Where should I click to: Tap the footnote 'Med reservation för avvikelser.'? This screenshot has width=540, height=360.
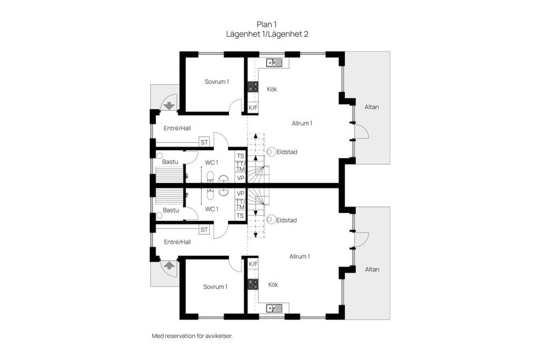tap(192, 336)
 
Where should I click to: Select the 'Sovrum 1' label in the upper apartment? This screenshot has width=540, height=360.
tap(217, 82)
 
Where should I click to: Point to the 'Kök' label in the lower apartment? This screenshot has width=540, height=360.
tap(273, 284)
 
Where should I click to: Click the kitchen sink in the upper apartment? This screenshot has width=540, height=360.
tap(274, 62)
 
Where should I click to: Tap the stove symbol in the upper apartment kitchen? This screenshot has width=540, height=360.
tap(253, 87)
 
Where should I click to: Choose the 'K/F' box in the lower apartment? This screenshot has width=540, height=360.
tap(253, 263)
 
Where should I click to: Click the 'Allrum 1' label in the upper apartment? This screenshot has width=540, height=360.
tap(302, 123)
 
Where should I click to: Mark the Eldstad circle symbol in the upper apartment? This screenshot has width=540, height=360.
tap(271, 151)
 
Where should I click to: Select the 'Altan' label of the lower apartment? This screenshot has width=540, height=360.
tap(372, 269)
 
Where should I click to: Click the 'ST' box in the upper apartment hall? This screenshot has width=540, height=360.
tap(204, 142)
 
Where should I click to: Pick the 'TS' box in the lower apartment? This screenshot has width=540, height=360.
tap(240, 215)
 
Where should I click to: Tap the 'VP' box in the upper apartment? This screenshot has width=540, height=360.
tap(241, 178)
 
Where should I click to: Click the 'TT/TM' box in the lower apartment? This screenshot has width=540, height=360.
tap(240, 204)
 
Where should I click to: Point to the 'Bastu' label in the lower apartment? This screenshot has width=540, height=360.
tap(170, 210)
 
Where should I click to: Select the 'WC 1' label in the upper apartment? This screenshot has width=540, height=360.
tap(211, 163)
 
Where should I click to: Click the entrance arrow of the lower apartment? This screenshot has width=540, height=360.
tap(168, 265)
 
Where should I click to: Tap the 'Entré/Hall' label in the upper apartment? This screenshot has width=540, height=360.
tap(177, 128)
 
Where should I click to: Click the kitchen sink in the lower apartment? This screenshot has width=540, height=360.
tap(274, 308)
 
